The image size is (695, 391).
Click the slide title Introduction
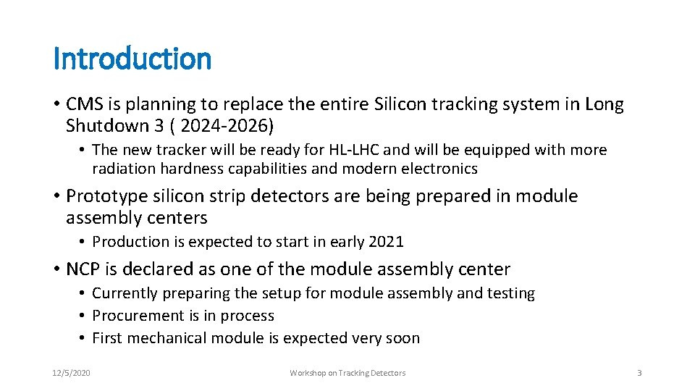132,59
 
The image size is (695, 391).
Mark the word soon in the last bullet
403,338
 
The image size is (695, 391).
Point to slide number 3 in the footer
639,373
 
